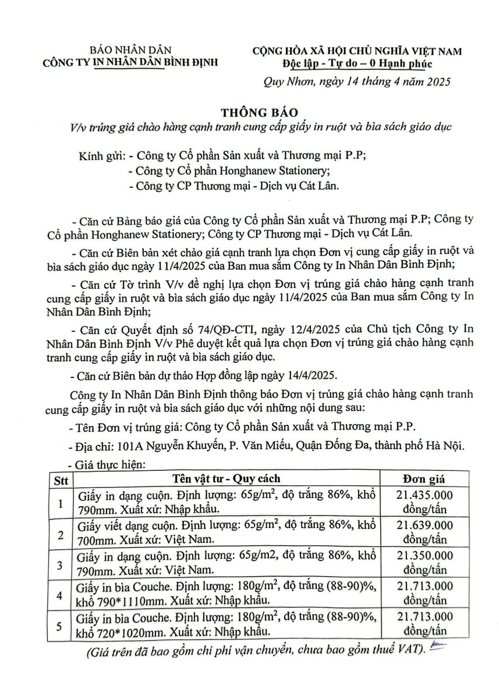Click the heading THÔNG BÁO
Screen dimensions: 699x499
click(249, 111)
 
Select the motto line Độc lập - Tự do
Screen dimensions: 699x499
click(356, 63)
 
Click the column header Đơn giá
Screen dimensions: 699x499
click(423, 479)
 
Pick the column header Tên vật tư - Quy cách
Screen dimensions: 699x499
click(226, 479)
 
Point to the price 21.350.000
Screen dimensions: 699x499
click(424, 556)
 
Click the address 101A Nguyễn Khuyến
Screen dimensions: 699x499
click(169, 446)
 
